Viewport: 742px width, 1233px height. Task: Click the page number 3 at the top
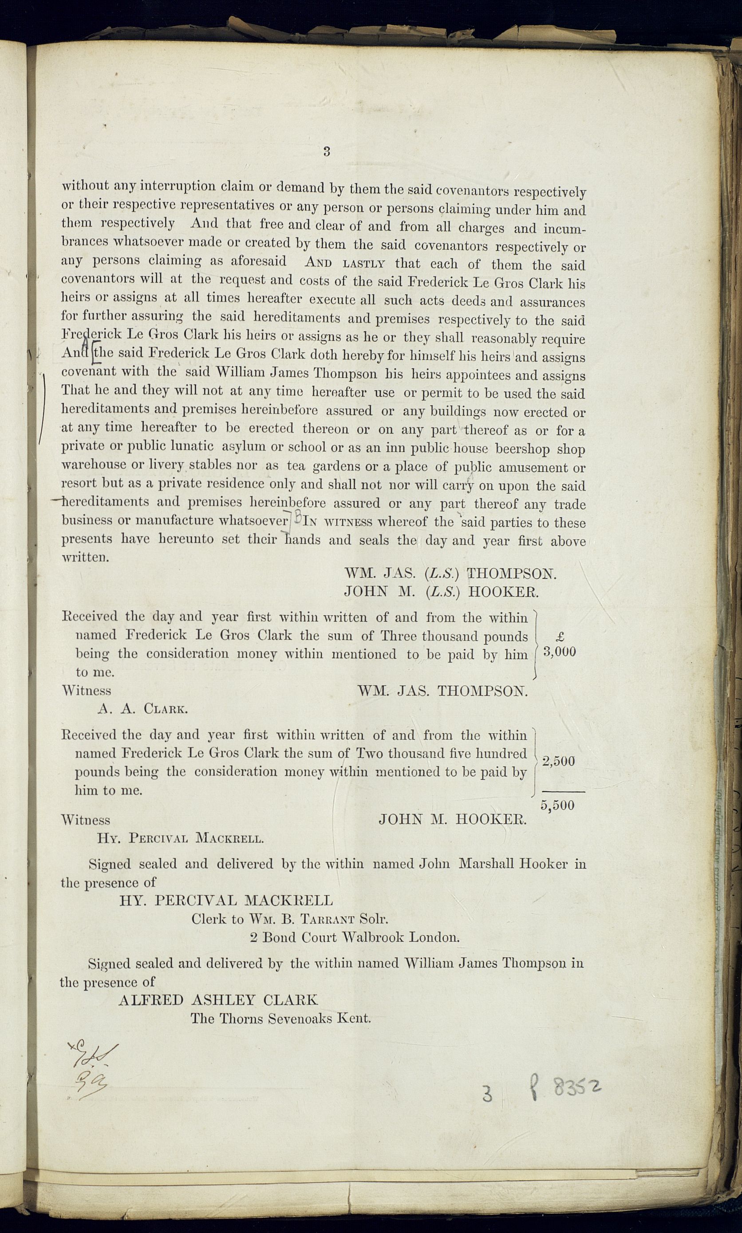(x=327, y=151)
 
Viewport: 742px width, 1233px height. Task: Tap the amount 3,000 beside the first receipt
(x=559, y=652)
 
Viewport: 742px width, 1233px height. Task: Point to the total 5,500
(x=557, y=806)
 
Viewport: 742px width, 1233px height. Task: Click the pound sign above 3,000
(x=560, y=636)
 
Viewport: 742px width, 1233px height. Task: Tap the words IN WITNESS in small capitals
(x=338, y=522)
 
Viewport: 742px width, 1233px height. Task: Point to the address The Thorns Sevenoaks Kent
(x=280, y=1018)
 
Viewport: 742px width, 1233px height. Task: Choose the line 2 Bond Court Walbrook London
(x=355, y=937)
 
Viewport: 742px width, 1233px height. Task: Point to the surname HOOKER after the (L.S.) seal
(x=504, y=592)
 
